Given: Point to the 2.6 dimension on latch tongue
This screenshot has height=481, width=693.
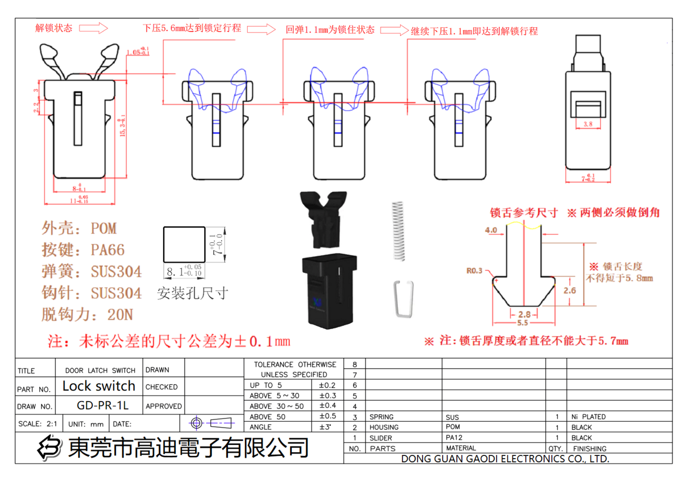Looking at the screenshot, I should [569, 290].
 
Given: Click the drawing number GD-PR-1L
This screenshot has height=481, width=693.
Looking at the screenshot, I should [103, 405].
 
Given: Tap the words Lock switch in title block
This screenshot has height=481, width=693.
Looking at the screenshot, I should [99, 386].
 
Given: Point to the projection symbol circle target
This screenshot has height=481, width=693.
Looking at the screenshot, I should [196, 423].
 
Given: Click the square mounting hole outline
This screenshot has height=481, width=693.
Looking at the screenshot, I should [184, 244].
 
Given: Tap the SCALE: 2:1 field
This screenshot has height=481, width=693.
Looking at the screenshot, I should [38, 423].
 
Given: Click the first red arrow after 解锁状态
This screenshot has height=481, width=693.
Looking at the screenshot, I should [93, 28].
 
